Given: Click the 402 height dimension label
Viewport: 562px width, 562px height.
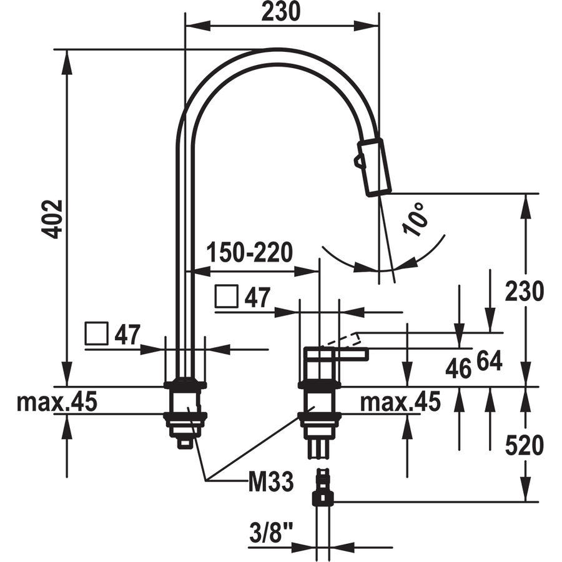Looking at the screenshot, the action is (x=52, y=219).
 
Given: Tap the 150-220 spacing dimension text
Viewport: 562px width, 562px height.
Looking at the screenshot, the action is (x=250, y=252).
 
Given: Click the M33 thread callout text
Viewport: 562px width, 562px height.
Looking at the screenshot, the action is (x=271, y=481).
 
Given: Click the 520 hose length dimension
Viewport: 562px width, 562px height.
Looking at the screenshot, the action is (x=524, y=445).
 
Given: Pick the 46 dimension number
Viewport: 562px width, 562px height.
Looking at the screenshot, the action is (x=458, y=369).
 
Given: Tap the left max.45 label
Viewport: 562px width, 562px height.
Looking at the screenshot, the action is (x=57, y=402).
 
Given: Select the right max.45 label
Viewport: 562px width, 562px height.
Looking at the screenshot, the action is (x=400, y=402).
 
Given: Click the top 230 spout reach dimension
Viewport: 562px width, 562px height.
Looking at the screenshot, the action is (x=280, y=11).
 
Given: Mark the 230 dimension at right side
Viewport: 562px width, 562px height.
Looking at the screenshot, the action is (x=524, y=291).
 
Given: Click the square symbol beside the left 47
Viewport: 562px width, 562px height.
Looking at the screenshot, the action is (x=96, y=333).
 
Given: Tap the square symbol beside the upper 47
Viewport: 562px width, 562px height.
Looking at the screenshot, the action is (x=227, y=296).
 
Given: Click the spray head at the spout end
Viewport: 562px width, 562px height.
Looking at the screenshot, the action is (x=374, y=167).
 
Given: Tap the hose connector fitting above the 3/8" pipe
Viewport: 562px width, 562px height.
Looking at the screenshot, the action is (x=323, y=487).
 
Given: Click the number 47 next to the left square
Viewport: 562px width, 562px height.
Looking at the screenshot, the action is (x=127, y=335).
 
